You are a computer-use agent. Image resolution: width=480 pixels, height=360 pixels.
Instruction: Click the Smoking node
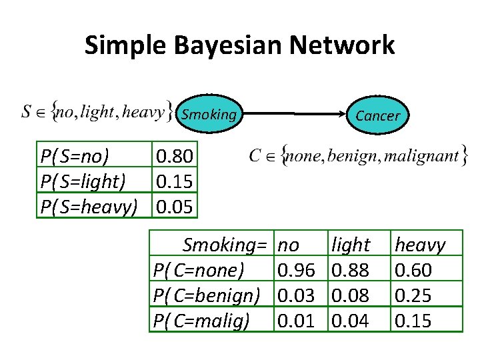point(209,115)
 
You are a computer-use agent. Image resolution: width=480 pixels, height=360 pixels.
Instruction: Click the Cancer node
point(377,115)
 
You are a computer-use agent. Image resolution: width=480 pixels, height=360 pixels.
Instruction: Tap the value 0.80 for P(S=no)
point(175,157)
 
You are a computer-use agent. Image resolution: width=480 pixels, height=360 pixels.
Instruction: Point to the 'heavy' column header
point(420,245)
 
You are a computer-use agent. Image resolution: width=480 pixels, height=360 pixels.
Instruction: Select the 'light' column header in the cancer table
point(351,245)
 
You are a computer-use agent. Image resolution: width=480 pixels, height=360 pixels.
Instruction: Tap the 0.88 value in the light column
point(351,270)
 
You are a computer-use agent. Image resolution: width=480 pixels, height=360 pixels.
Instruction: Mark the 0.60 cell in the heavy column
point(413,270)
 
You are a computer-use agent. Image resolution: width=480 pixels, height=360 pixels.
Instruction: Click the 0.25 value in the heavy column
point(413,295)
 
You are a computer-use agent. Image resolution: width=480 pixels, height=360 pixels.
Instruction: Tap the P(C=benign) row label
point(207,295)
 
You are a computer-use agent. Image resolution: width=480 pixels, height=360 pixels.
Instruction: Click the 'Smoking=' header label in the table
point(225,245)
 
